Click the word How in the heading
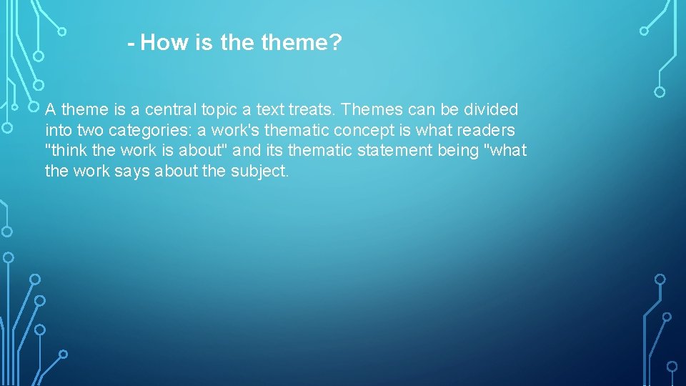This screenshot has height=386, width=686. click(x=166, y=44)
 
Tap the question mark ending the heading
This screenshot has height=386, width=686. click(x=337, y=44)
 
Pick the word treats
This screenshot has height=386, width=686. click(x=313, y=110)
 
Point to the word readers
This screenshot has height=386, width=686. click(x=489, y=131)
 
